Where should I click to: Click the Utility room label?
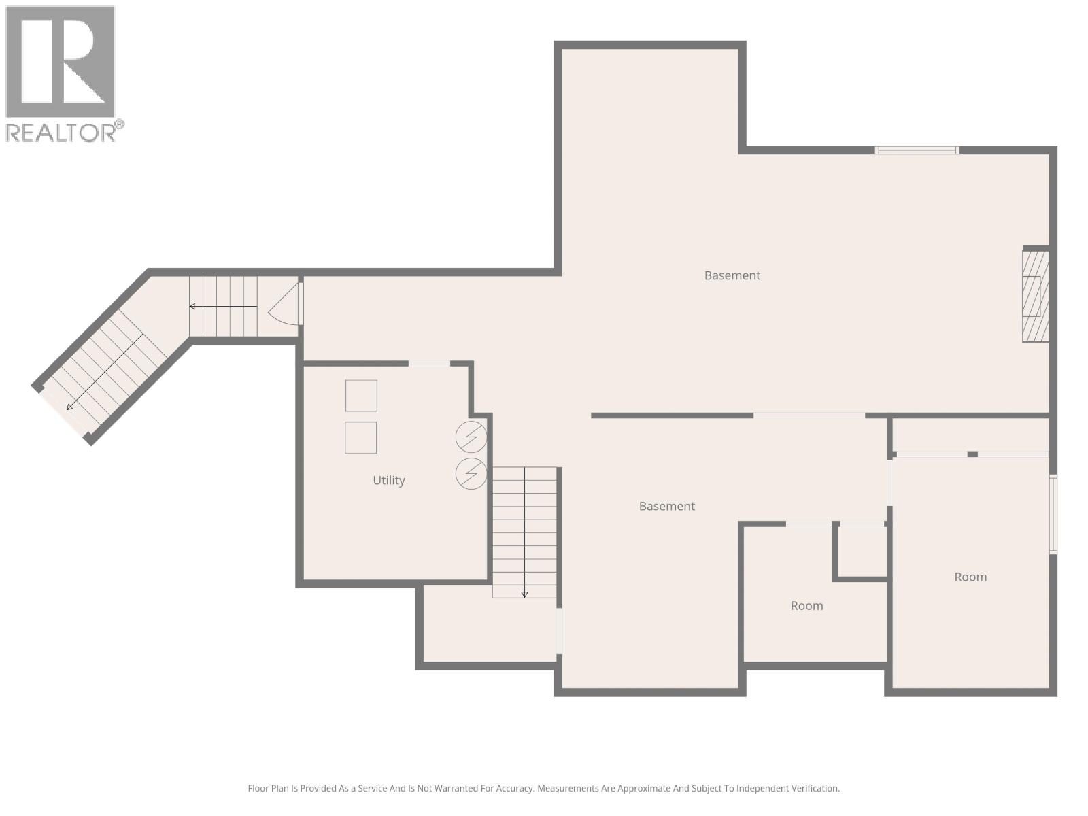[388, 480]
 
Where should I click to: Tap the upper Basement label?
[732, 275]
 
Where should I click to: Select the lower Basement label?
[666, 506]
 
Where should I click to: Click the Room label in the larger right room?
[970, 577]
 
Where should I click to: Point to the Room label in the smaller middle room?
[806, 605]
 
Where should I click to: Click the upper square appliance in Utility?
[361, 396]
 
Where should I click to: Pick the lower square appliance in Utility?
[360, 437]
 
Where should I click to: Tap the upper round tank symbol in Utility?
[471, 437]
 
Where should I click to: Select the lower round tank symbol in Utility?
[471, 473]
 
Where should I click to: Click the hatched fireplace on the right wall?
[1035, 296]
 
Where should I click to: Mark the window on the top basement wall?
[917, 150]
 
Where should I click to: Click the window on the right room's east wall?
[1053, 513]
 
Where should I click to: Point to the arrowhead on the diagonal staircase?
[69, 407]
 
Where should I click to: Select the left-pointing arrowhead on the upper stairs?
[192, 307]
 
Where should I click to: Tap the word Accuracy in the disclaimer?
[515, 789]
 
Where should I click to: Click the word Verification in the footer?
[813, 789]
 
